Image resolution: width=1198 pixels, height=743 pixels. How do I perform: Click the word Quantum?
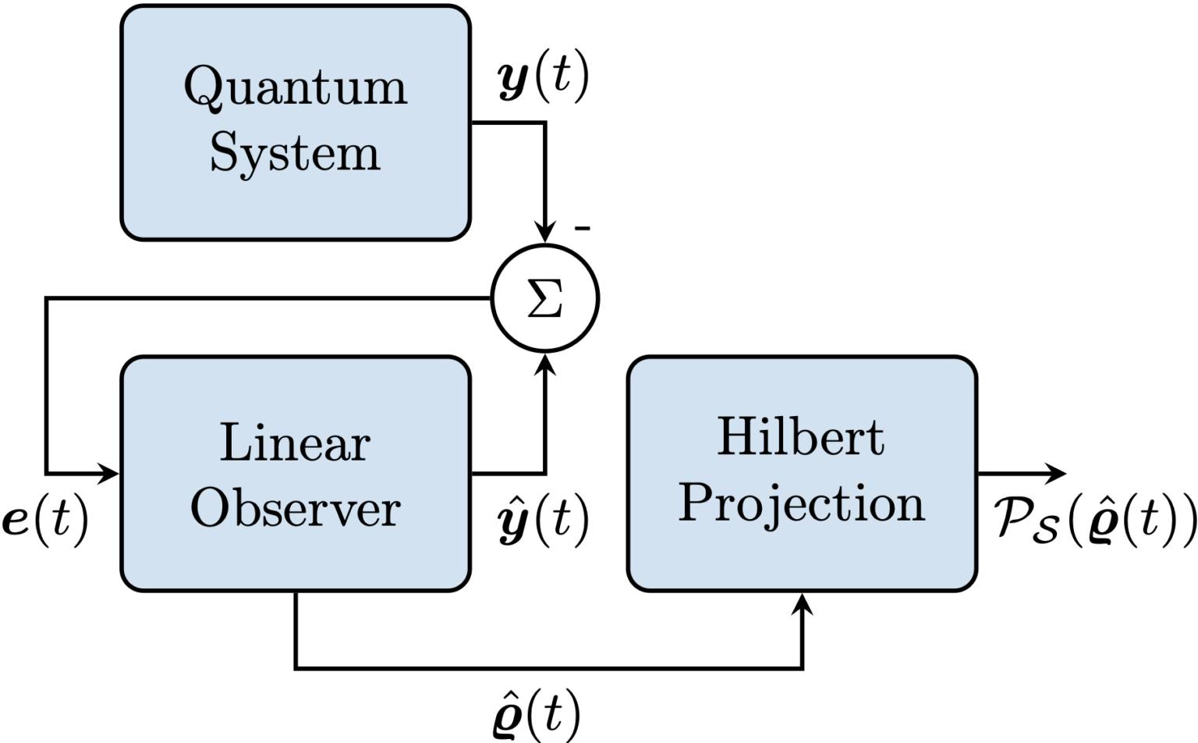click(x=295, y=87)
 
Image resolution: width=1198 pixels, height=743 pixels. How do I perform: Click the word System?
click(x=295, y=153)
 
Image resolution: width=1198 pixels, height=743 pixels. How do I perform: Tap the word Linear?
click(x=295, y=443)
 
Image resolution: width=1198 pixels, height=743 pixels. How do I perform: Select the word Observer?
click(x=295, y=509)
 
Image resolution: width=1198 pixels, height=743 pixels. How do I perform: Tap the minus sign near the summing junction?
click(x=582, y=229)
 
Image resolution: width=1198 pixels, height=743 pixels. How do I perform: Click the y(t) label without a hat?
click(x=543, y=79)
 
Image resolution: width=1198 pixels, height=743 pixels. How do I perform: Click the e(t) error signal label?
click(x=45, y=519)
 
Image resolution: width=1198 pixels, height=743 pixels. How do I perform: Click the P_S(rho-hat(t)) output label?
click(x=1095, y=519)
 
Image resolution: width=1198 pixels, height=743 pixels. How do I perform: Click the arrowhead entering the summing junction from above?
click(x=545, y=233)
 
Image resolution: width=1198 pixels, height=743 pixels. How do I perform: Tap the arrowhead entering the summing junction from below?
click(x=545, y=363)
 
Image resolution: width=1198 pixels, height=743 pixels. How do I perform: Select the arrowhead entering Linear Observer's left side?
click(x=108, y=473)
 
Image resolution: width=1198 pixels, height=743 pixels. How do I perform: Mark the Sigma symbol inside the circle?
click(x=545, y=299)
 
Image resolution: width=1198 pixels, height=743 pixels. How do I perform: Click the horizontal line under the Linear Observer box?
click(x=546, y=668)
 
